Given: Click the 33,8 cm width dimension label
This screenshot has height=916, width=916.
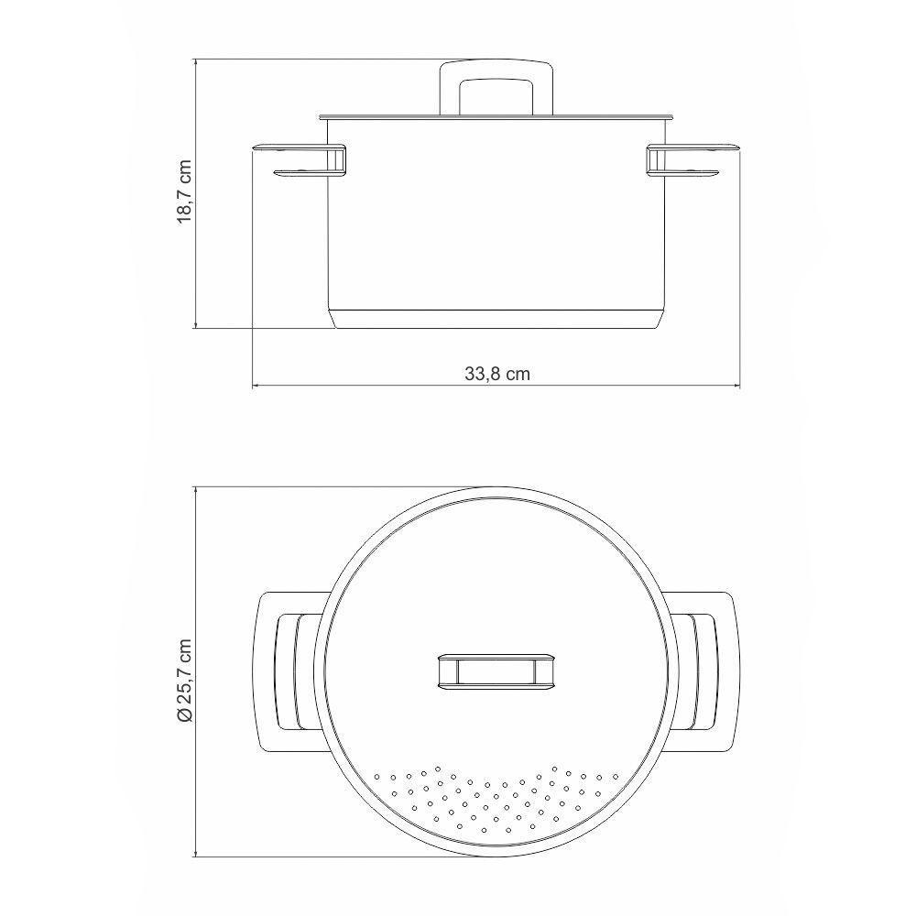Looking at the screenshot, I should (497, 374).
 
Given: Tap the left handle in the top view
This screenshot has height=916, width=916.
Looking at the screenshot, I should (286, 672).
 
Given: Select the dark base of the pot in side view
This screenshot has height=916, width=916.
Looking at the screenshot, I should (496, 319).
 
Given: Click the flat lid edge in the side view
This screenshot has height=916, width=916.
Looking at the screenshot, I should (496, 116).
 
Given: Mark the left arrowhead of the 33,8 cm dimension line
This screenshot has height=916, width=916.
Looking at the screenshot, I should (256, 386).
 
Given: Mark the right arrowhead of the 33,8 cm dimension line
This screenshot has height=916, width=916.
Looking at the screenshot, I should (736, 386).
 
